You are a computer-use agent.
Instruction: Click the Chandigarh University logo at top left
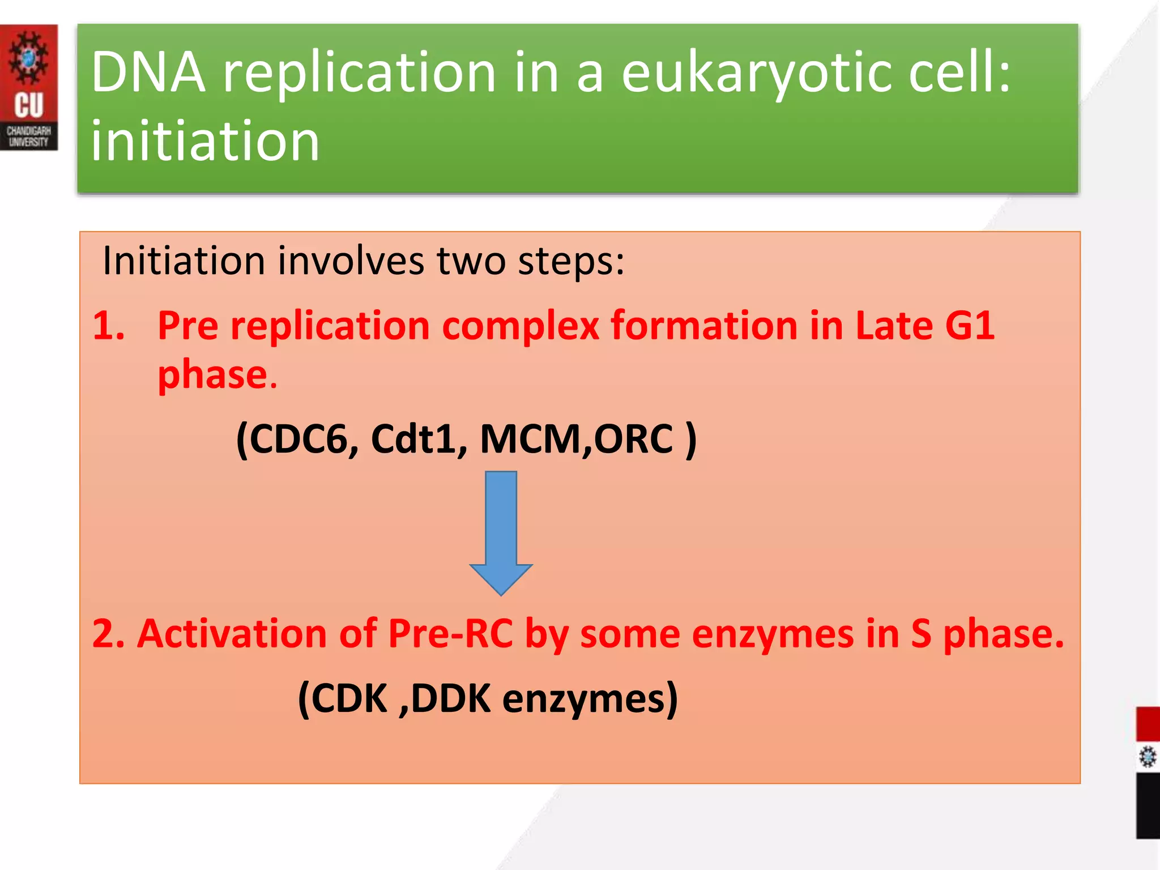(x=28, y=87)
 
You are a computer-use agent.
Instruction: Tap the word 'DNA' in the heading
(x=148, y=72)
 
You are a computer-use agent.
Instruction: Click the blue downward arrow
(x=501, y=532)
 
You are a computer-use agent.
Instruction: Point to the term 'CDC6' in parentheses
(x=297, y=439)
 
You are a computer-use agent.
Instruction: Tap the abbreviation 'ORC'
(x=633, y=439)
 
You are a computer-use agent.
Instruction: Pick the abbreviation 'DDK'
(x=451, y=698)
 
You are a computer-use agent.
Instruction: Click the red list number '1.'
(x=109, y=326)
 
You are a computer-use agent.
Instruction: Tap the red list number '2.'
(x=109, y=634)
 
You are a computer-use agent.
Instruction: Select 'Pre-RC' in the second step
(x=450, y=634)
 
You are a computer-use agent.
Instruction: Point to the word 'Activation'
(x=232, y=634)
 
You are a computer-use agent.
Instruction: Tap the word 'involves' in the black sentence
(x=351, y=261)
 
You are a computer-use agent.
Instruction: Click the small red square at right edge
(x=1148, y=723)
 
